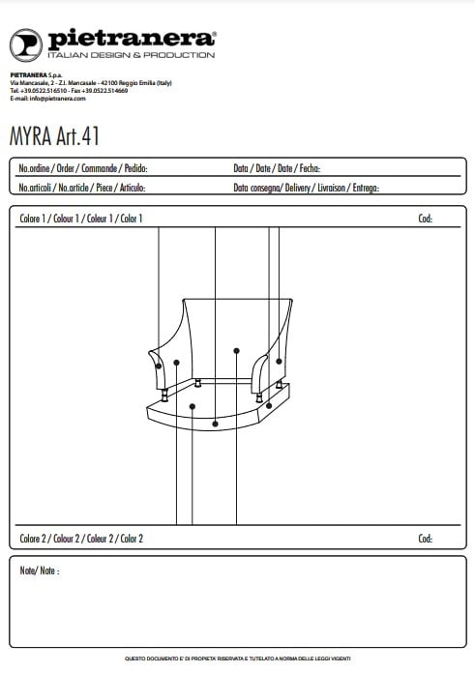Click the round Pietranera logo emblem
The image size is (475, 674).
tap(26, 45)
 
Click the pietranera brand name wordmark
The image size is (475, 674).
tap(132, 39)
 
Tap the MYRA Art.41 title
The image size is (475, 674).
tap(54, 136)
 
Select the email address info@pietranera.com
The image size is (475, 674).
tap(58, 99)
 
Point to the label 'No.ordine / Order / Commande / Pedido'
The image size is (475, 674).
tap(83, 168)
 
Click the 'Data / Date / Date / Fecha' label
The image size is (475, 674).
tap(277, 168)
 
